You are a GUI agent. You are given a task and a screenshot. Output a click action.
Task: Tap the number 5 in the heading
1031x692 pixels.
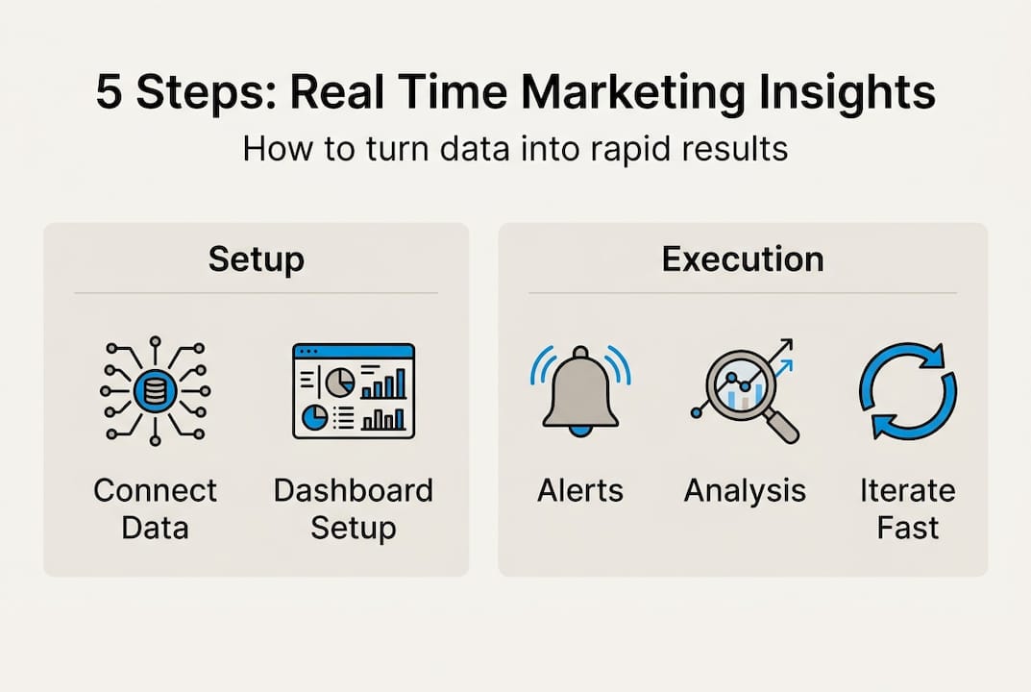point(110,94)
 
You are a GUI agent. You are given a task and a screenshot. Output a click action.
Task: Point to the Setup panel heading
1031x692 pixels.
point(256,259)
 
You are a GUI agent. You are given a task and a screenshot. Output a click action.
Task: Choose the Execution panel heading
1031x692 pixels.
point(742,259)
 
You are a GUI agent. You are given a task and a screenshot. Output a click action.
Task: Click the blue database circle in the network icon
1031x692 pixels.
point(154,390)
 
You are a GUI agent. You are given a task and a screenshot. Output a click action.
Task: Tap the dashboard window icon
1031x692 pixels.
point(353,390)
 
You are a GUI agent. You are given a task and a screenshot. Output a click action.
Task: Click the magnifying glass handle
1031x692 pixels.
point(782,426)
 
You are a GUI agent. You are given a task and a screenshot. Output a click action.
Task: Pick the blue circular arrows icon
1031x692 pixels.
point(907,391)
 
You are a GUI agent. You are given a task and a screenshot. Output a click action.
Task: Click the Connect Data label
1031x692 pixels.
point(155,507)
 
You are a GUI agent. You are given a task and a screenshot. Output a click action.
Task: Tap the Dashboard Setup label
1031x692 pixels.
point(353,507)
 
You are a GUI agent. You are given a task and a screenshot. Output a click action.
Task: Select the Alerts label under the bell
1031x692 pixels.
point(579,491)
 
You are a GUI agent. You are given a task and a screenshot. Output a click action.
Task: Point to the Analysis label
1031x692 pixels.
point(745,491)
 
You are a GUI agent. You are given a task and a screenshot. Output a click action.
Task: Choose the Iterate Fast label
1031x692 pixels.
point(907,507)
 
